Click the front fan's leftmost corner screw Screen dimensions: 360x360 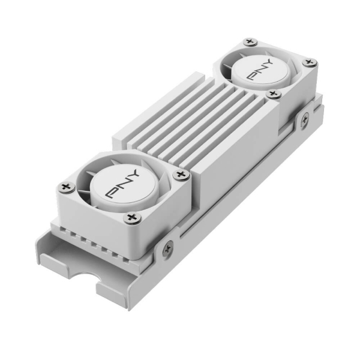[x=64, y=188]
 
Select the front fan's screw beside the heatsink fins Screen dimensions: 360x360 [x=181, y=175]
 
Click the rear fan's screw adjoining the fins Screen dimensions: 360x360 [x=274, y=94]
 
